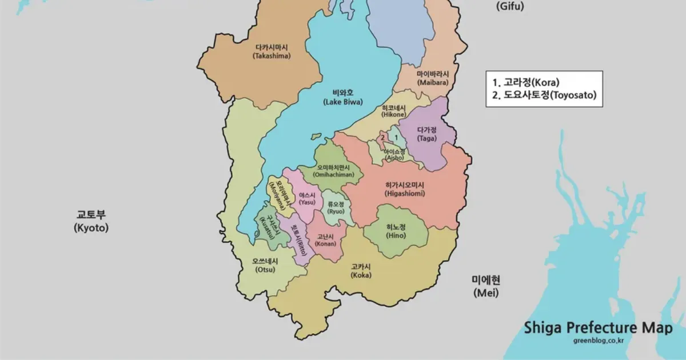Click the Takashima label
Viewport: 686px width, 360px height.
pyautogui.click(x=272, y=51)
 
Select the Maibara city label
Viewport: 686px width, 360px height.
pyautogui.click(x=432, y=78)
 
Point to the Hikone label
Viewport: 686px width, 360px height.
pyautogui.click(x=393, y=111)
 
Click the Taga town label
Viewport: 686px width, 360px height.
pyautogui.click(x=426, y=134)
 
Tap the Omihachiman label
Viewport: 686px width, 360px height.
pyautogui.click(x=333, y=170)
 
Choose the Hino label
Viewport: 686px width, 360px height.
pyautogui.click(x=396, y=231)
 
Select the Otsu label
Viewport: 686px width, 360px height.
pyautogui.click(x=265, y=265)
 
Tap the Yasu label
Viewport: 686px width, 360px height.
pyautogui.click(x=307, y=198)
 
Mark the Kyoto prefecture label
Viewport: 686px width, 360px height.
pyautogui.click(x=91, y=221)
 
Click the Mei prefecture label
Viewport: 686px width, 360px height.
pyautogui.click(x=485, y=286)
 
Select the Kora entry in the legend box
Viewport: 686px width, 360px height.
pyautogui.click(x=526, y=82)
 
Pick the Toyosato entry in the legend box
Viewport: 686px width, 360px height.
pyautogui.click(x=544, y=95)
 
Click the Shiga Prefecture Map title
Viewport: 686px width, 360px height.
pyautogui.click(x=598, y=328)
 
